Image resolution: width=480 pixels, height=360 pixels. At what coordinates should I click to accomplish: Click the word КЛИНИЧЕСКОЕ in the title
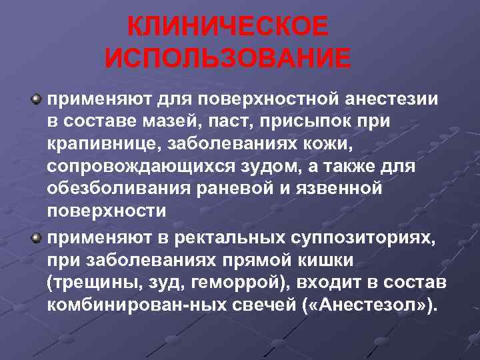pos(227,27)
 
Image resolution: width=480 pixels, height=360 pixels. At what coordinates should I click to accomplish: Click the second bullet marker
pos(37,238)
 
